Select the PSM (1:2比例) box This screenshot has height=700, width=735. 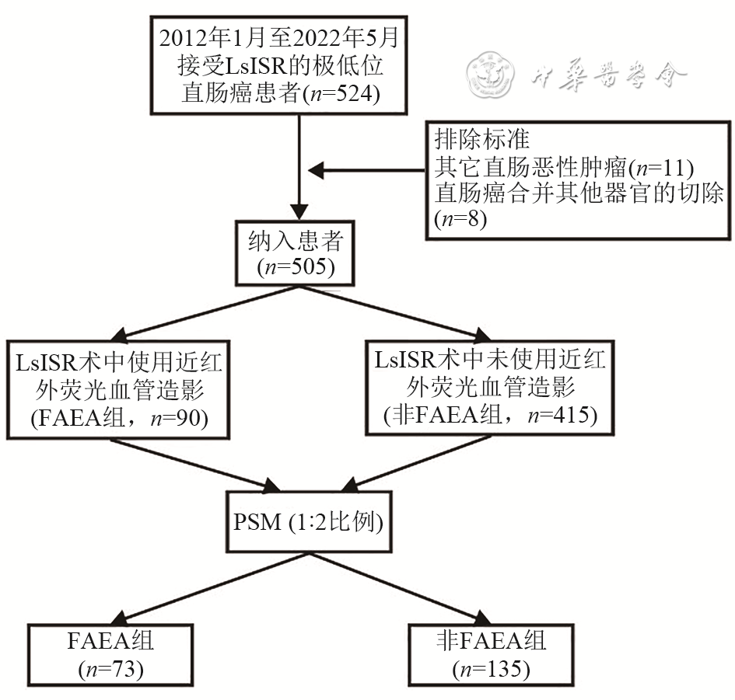point(309,521)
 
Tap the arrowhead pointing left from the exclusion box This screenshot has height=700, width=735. point(315,169)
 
